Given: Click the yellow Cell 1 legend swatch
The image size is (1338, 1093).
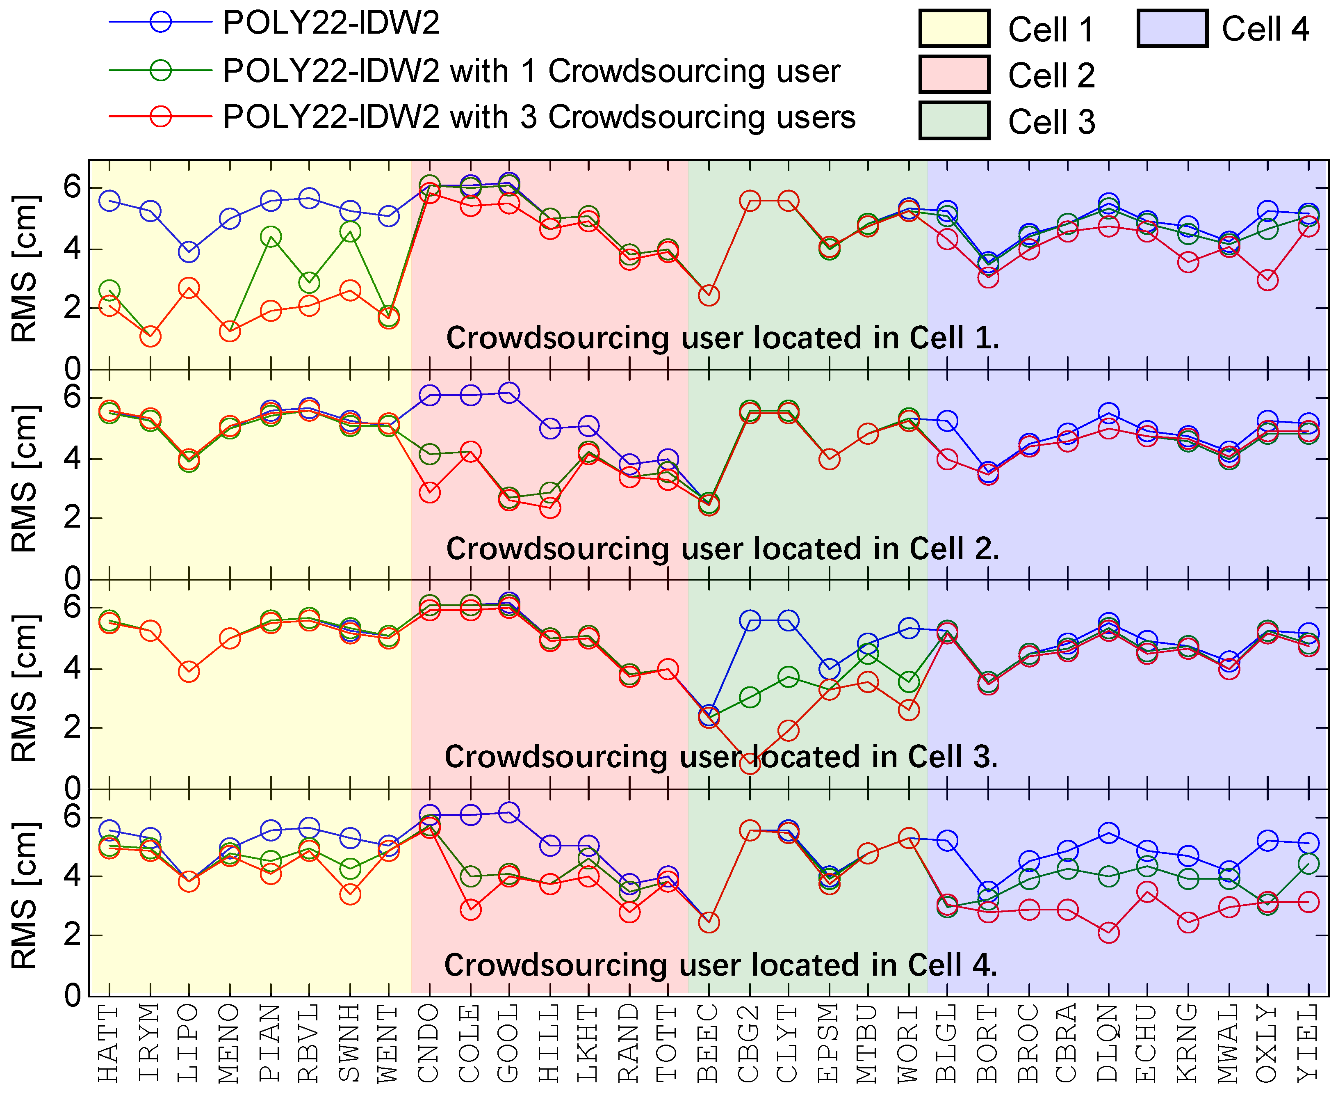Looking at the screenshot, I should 954,28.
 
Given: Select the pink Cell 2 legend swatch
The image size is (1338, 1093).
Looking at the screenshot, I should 954,74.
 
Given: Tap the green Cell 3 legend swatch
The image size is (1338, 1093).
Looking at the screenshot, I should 954,120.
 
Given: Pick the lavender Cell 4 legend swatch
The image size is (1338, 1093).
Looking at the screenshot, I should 1172,28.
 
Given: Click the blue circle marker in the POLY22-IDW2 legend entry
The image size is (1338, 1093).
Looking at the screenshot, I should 160,22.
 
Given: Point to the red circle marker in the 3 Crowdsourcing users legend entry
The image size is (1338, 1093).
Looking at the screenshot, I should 160,117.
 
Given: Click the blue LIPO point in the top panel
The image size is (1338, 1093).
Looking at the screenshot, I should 189,252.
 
